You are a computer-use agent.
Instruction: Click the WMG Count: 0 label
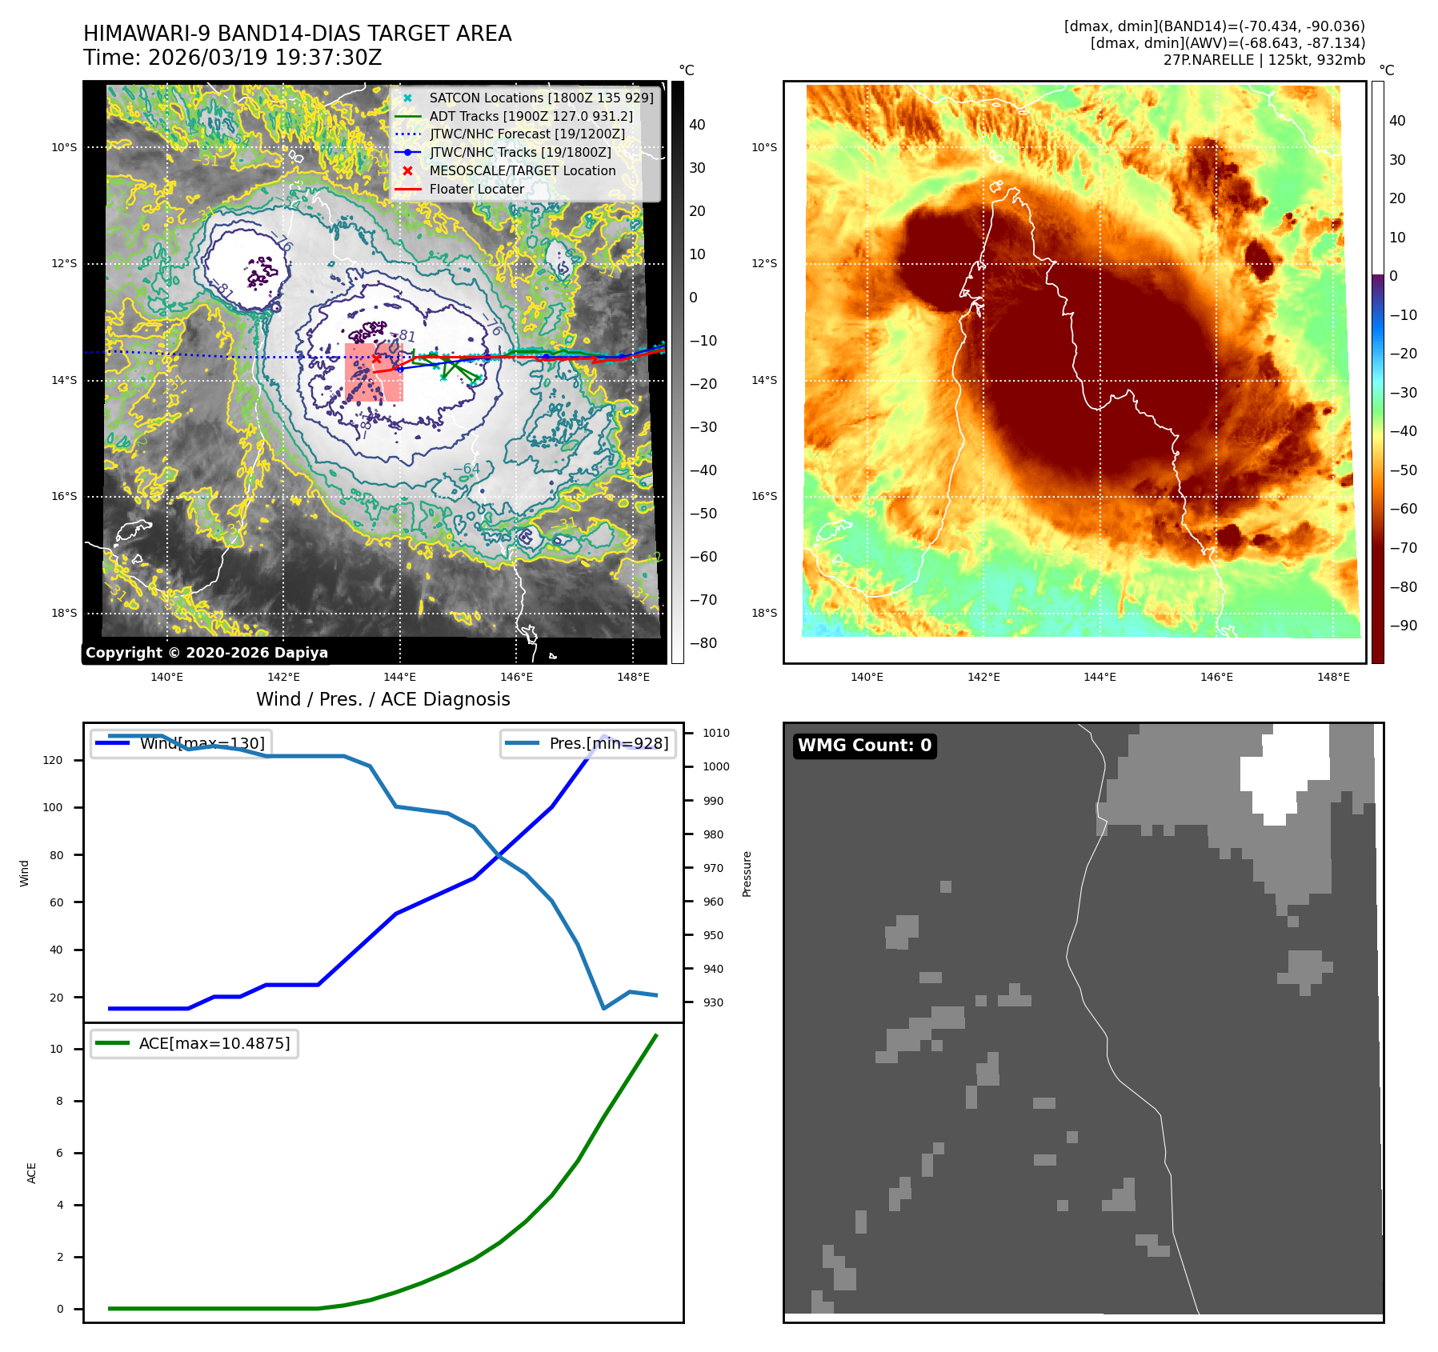coord(864,746)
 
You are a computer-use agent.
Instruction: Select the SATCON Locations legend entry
coord(541,98)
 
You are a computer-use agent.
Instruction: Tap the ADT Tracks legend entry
coord(531,116)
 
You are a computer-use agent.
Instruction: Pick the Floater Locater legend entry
coord(476,190)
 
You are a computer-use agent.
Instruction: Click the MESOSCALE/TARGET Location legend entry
coord(522,171)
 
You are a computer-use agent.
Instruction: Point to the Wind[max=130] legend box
coord(180,743)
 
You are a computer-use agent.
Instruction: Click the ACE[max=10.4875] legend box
coord(194,1043)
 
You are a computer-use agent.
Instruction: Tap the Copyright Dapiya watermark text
coord(206,653)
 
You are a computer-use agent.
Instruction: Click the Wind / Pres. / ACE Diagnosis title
coord(383,699)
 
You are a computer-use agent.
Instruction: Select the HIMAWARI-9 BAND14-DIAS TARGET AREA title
coord(297,34)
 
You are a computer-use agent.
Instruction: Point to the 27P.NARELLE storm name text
coord(1208,60)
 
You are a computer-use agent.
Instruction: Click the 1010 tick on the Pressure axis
coord(715,733)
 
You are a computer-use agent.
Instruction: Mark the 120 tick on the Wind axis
coord(53,760)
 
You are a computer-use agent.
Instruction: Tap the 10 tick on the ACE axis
coord(57,1049)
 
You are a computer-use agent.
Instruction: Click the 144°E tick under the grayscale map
coord(399,678)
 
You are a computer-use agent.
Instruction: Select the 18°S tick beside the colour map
coord(764,614)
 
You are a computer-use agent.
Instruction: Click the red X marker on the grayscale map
coord(376,358)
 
